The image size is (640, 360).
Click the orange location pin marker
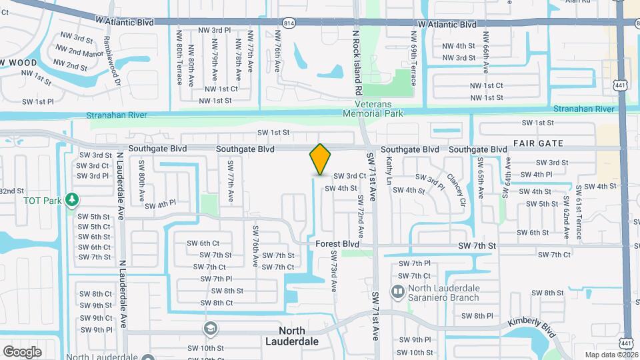pyautogui.click(x=321, y=159)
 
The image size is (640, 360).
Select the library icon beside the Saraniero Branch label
pyautogui.click(x=397, y=291)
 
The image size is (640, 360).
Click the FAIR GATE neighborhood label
pyautogui.click(x=538, y=143)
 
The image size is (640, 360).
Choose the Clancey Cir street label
pyautogui.click(x=457, y=189)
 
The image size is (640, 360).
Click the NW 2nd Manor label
pyautogui.click(x=71, y=52)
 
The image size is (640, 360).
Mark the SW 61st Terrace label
pyautogui.click(x=579, y=203)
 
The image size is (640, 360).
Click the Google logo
pyautogui.click(x=22, y=351)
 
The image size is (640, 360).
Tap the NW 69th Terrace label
pyautogui.click(x=413, y=66)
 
